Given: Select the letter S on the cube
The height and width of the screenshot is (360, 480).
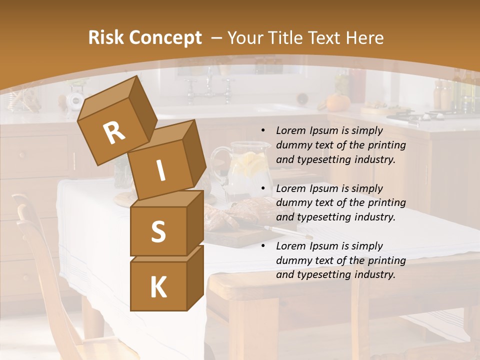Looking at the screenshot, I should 158,231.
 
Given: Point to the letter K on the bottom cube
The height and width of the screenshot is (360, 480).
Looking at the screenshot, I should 158,287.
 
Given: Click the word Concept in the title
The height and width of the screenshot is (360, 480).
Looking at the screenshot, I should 165,38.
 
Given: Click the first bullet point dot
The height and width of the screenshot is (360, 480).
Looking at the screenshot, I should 263,131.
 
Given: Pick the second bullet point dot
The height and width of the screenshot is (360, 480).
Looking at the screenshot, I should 263,189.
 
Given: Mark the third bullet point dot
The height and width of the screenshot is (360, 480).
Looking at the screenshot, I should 263,246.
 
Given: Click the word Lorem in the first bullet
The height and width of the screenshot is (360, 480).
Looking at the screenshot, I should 291,131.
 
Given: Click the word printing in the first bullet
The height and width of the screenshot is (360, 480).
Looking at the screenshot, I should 386,145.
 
